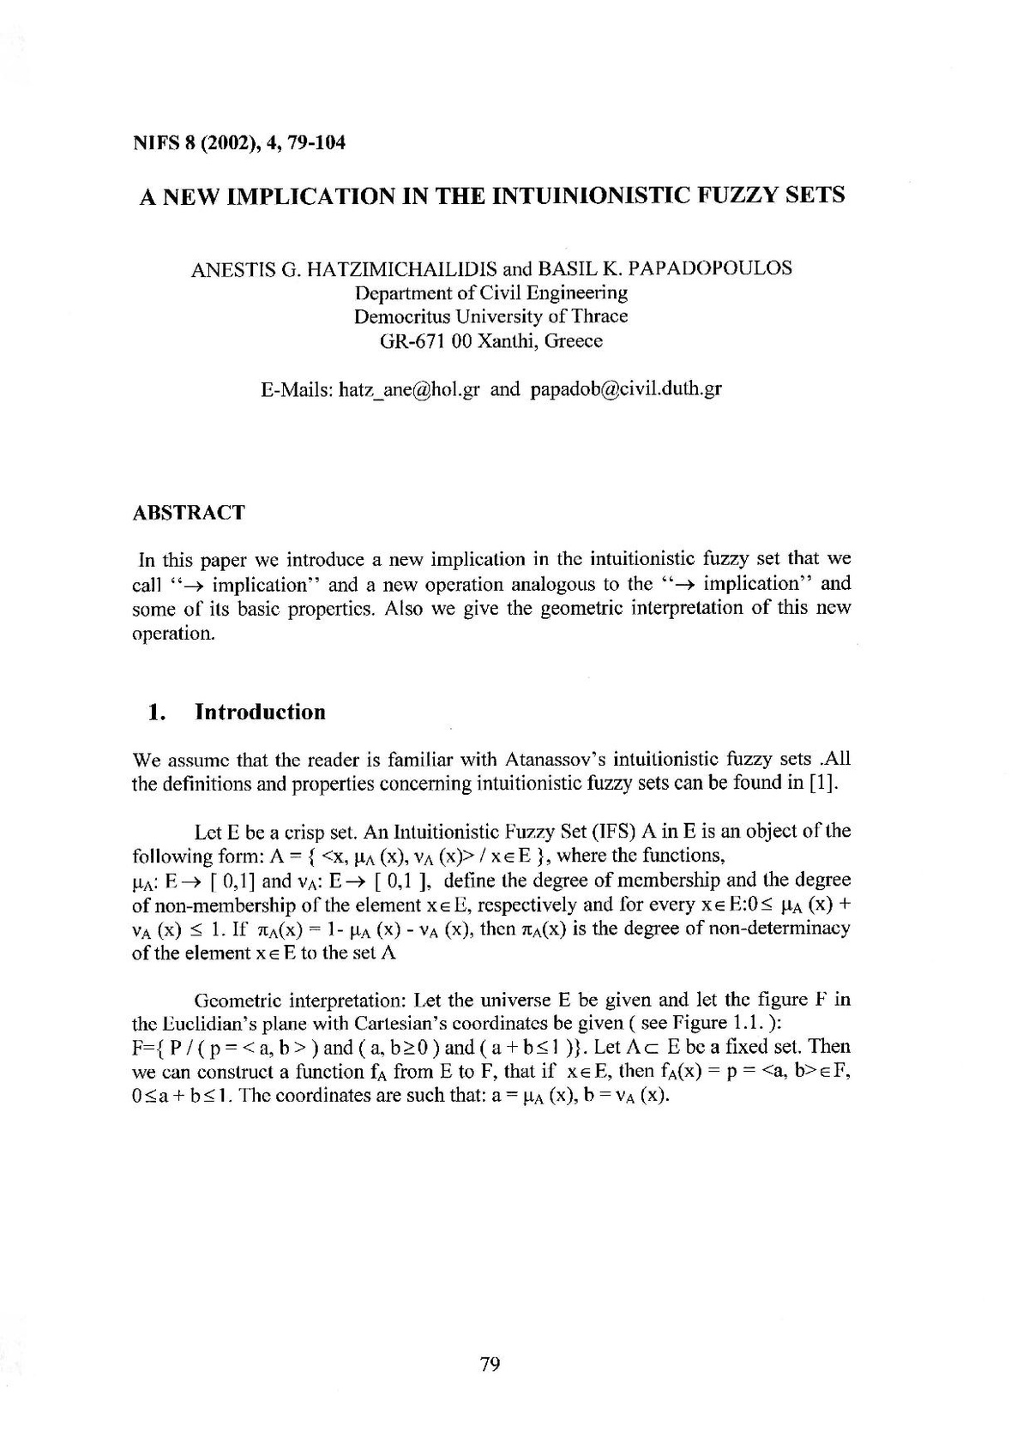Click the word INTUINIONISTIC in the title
click(597, 195)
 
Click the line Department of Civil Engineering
click(491, 292)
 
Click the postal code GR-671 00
click(423, 340)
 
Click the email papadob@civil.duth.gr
click(626, 389)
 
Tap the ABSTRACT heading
click(189, 513)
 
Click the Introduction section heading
click(261, 712)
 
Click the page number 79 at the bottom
click(490, 1364)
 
